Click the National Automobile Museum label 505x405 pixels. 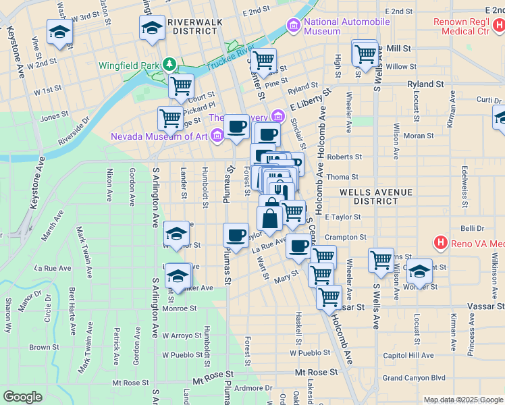[x=346, y=26]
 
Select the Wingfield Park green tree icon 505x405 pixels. [x=169, y=65]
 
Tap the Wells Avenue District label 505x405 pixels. [x=375, y=196]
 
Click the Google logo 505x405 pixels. [x=23, y=397]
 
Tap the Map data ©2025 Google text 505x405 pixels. [x=462, y=400]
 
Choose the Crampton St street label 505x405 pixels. [x=345, y=238]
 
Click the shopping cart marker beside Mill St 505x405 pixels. [x=366, y=53]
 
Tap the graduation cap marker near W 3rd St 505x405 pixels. [x=60, y=32]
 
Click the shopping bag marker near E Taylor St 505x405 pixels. [x=269, y=219]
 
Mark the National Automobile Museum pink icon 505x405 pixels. [x=294, y=26]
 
